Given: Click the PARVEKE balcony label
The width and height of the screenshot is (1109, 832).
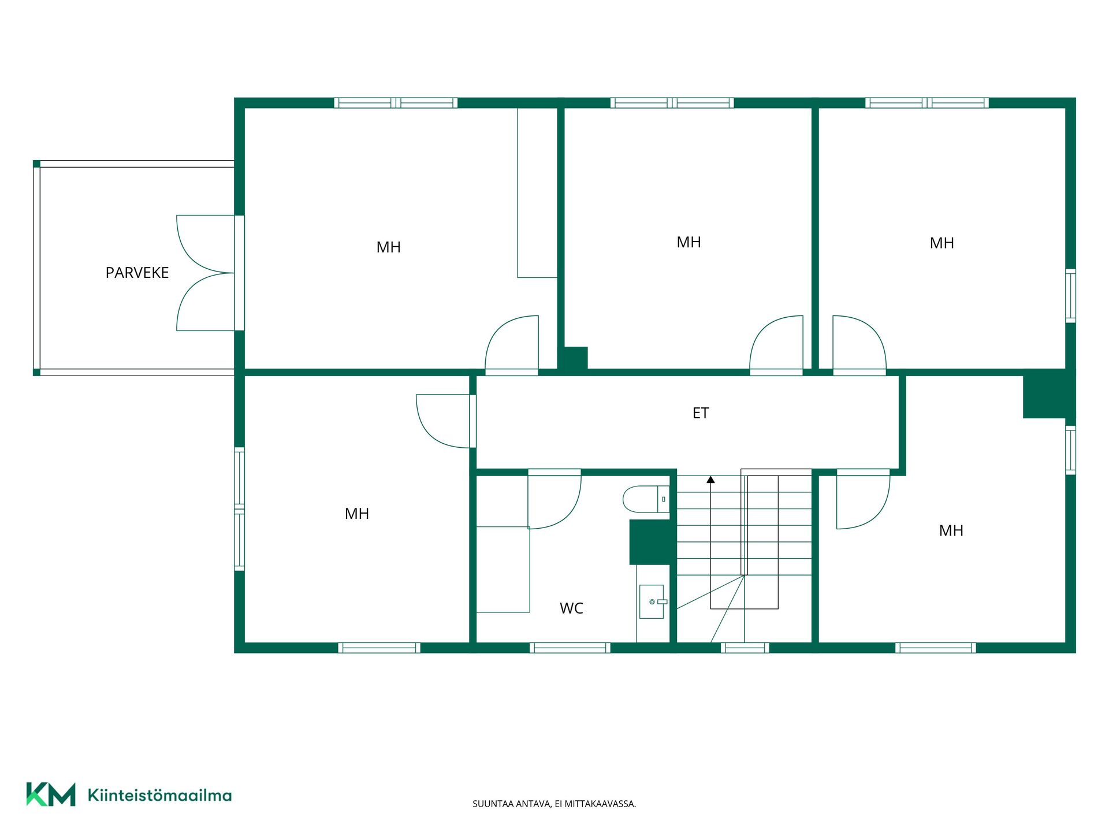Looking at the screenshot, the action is tap(137, 273).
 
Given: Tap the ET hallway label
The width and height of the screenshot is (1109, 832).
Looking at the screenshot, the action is tap(701, 413).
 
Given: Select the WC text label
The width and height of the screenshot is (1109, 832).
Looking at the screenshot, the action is tap(571, 608).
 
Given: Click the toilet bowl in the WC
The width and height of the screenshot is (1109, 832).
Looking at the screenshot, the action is tap(646, 499).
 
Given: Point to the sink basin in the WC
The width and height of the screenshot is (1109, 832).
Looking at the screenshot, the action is tap(652, 602).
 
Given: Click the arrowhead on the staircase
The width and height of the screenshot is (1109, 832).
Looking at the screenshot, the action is tap(710, 480).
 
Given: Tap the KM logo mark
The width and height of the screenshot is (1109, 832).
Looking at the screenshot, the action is tap(51, 794).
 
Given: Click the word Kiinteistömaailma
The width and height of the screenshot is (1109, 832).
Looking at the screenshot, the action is tap(159, 796).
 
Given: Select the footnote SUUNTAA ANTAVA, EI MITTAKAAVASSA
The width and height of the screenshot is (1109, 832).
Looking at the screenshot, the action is tap(554, 804).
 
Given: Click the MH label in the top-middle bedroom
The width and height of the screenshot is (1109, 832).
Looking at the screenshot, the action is tap(689, 243).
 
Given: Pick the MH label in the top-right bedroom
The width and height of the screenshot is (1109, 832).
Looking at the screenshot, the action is tap(941, 243).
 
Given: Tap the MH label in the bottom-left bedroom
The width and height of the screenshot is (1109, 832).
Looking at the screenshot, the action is tap(356, 514).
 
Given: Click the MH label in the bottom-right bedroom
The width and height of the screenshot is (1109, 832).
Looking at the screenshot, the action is tap(951, 530).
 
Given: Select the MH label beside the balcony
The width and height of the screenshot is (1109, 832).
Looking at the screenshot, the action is tap(388, 247).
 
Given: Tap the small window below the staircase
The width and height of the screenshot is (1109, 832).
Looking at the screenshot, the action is tap(745, 648).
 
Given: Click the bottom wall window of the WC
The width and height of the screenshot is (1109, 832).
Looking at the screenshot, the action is tap(570, 648).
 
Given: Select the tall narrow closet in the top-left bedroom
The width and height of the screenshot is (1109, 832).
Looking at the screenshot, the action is tap(537, 193).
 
